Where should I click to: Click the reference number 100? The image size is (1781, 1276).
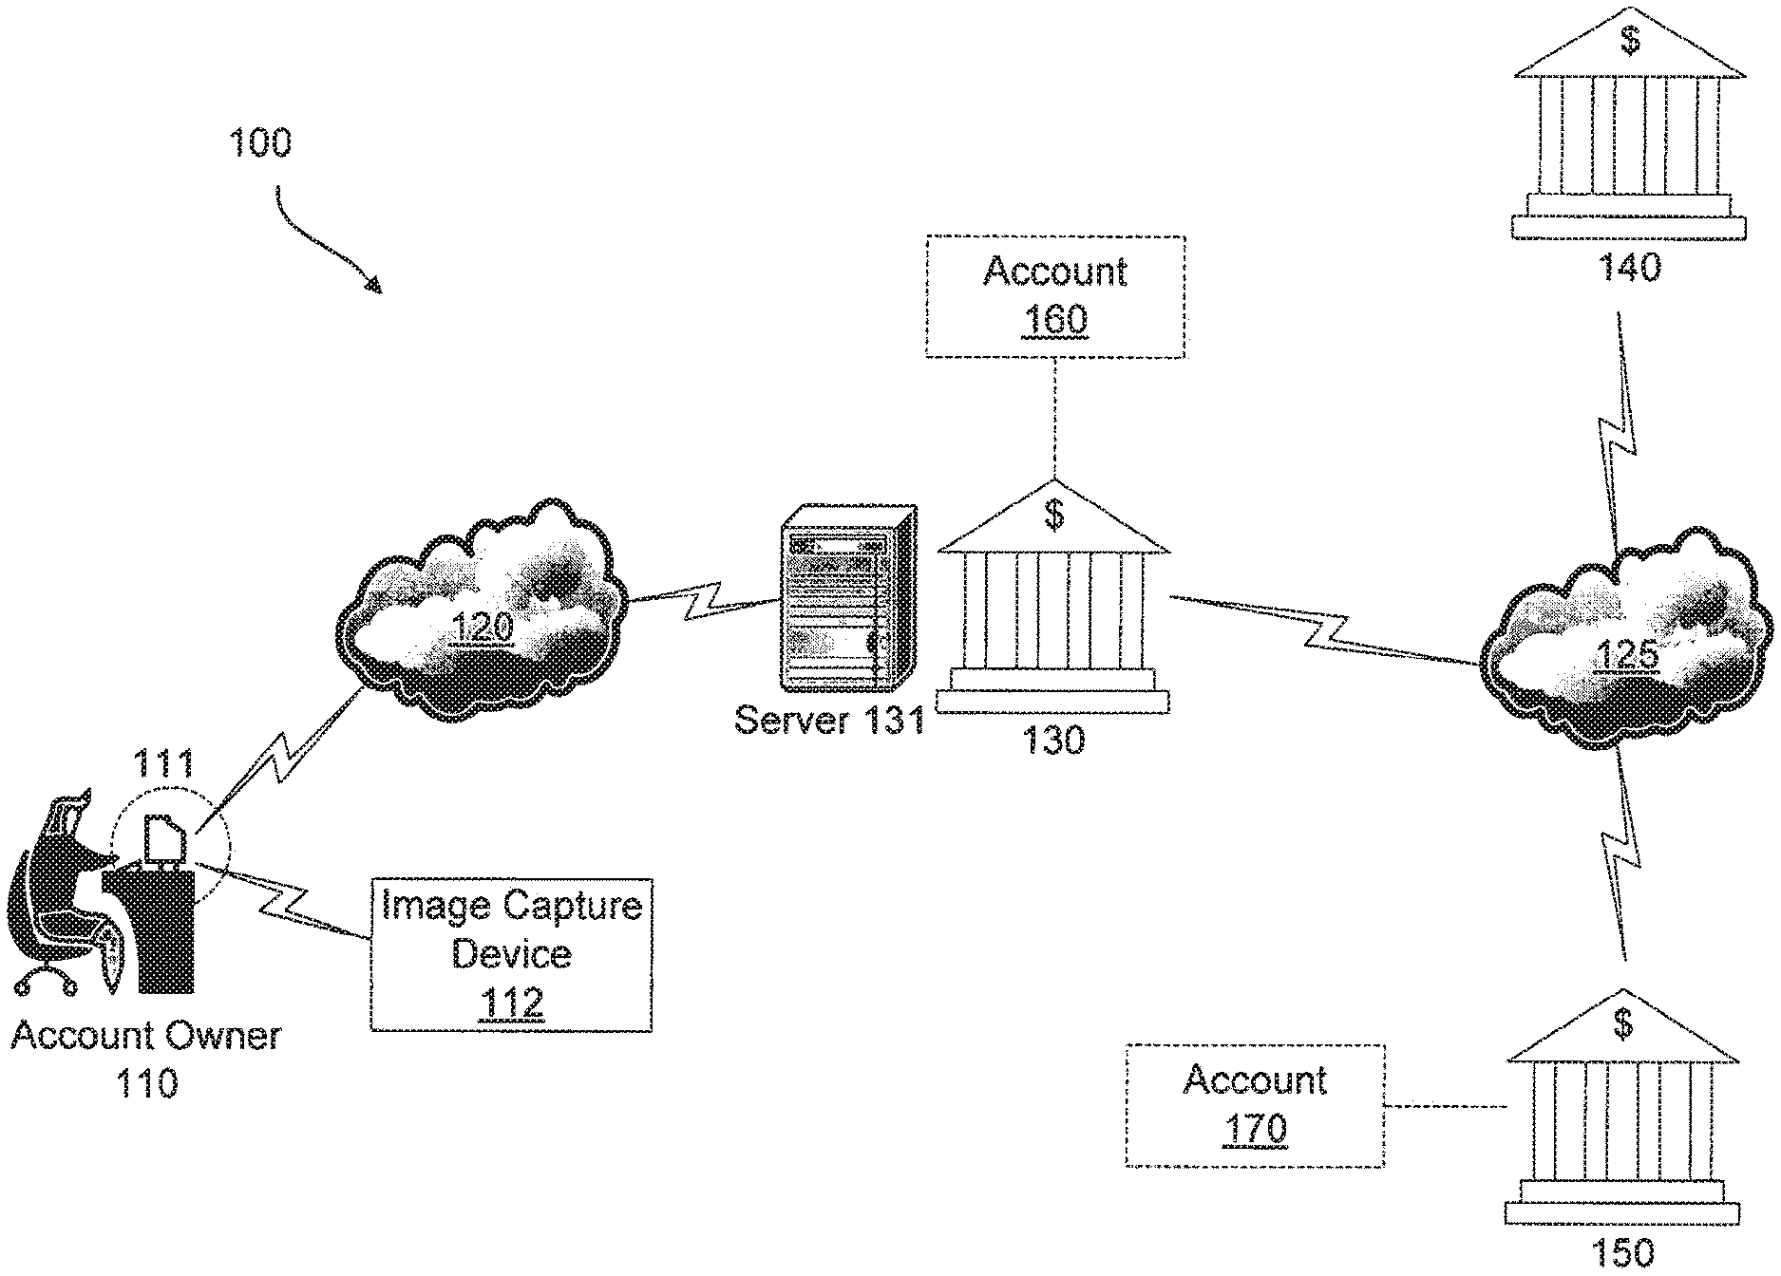pyautogui.click(x=260, y=143)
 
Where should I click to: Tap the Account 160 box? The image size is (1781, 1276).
pyautogui.click(x=1055, y=296)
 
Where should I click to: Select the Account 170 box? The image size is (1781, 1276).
pyautogui.click(x=1255, y=1105)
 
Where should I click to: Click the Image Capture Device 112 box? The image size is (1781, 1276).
pyautogui.click(x=511, y=954)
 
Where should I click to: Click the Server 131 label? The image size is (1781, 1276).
pyautogui.click(x=829, y=721)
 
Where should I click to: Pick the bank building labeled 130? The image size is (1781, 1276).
pyautogui.click(x=1053, y=595)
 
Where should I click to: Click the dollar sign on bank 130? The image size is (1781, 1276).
pyautogui.click(x=1053, y=515)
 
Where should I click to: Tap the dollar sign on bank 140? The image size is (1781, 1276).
pyautogui.click(x=1630, y=41)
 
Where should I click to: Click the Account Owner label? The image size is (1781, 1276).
pyautogui.click(x=146, y=1035)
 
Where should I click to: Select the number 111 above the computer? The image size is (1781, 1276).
pyautogui.click(x=162, y=764)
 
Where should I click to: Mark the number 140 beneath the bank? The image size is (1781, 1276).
pyautogui.click(x=1629, y=267)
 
